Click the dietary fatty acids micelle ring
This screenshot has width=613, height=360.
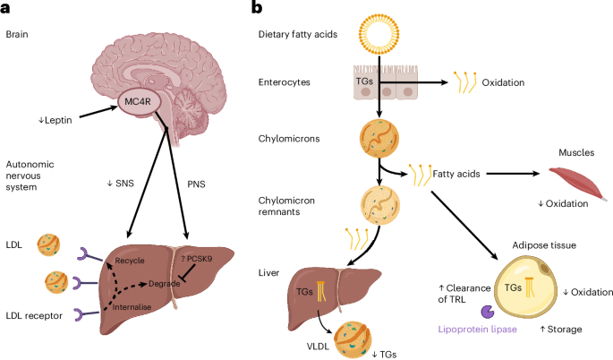(382, 35)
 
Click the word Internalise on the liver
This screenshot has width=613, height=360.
(133, 306)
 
